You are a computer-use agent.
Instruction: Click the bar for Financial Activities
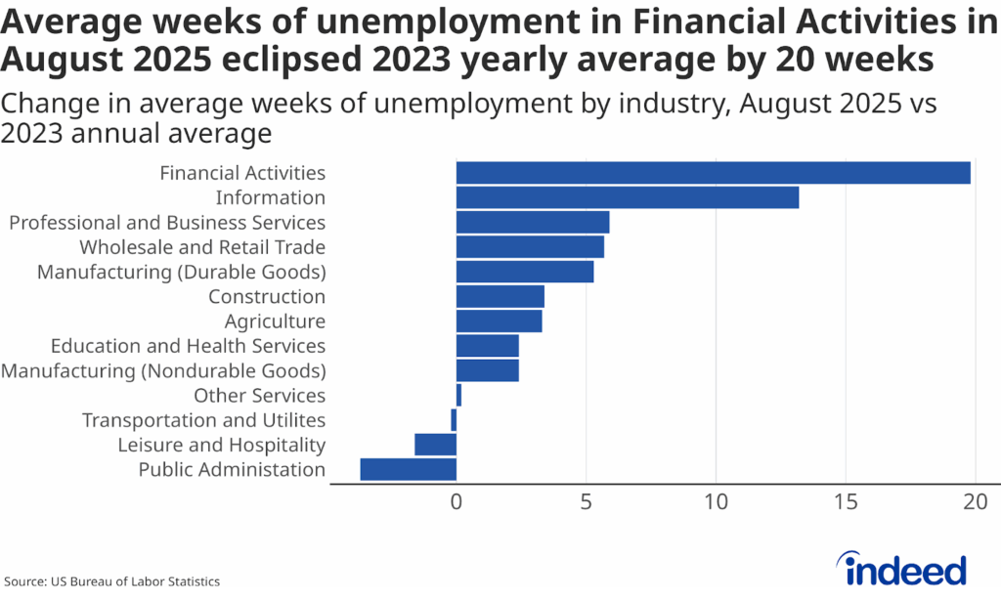click(713, 173)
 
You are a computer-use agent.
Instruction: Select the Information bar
click(627, 197)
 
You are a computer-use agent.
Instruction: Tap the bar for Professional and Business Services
click(533, 223)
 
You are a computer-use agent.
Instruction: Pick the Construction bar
click(500, 297)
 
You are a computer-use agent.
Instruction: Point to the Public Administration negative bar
click(408, 469)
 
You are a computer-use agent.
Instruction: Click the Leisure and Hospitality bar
click(435, 445)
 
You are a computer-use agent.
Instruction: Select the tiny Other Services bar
click(458, 396)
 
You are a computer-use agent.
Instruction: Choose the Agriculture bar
click(499, 321)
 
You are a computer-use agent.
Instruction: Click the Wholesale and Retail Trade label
click(202, 247)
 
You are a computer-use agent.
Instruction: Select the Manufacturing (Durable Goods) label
click(181, 272)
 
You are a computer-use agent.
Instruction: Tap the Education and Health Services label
click(188, 346)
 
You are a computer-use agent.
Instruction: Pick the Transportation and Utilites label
click(203, 420)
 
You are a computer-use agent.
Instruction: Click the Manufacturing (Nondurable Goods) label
click(163, 371)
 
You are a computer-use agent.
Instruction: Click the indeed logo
click(905, 568)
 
